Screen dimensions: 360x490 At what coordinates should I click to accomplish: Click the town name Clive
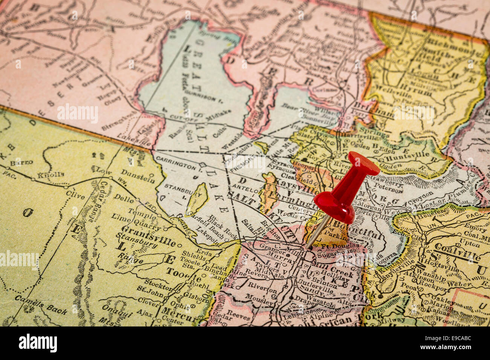pos(75,195)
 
